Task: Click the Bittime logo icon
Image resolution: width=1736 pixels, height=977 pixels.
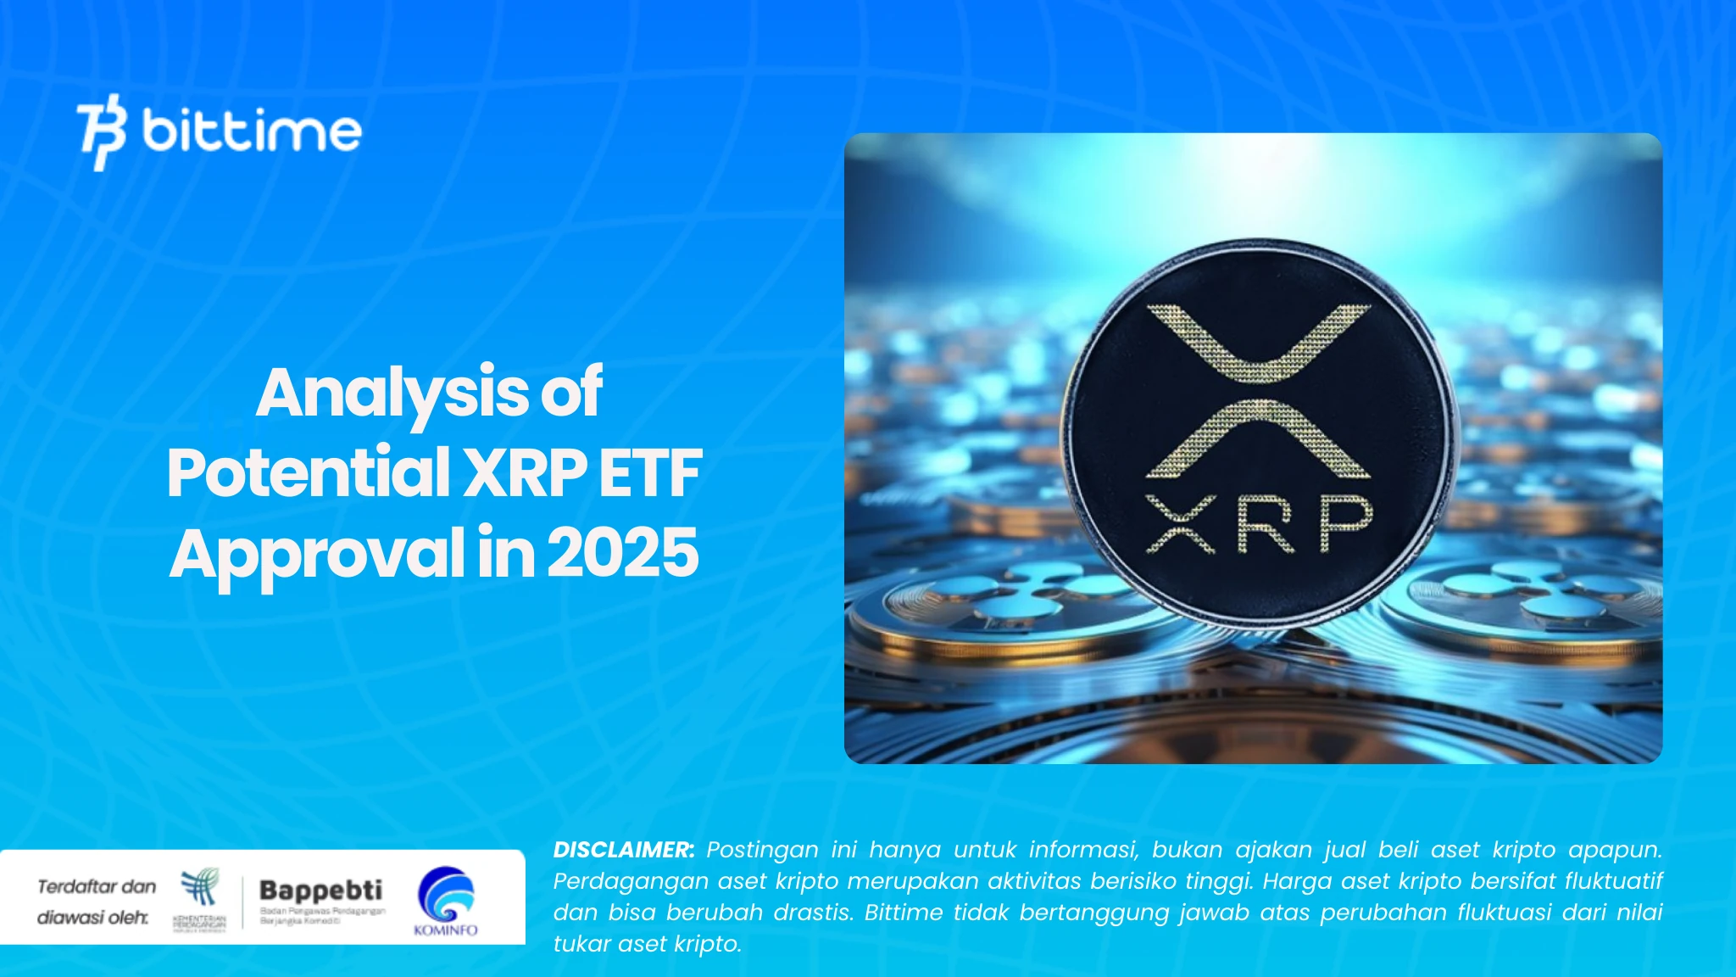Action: click(102, 131)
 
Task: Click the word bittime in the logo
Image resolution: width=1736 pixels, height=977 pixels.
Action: click(252, 131)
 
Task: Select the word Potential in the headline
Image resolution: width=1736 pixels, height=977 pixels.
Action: click(308, 472)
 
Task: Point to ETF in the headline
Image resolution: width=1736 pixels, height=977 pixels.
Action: click(650, 472)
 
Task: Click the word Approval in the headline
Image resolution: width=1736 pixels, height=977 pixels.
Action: click(316, 554)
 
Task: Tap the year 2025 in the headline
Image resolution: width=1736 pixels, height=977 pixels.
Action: click(623, 552)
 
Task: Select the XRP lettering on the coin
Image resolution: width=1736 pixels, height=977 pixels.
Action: click(1259, 523)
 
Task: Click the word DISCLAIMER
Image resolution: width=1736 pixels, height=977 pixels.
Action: click(623, 850)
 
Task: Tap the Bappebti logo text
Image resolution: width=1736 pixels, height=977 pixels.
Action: click(320, 890)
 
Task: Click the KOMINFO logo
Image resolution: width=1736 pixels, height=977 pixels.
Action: click(446, 900)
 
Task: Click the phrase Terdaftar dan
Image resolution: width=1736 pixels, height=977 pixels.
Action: click(97, 886)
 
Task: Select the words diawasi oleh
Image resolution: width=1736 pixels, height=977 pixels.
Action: click(92, 917)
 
